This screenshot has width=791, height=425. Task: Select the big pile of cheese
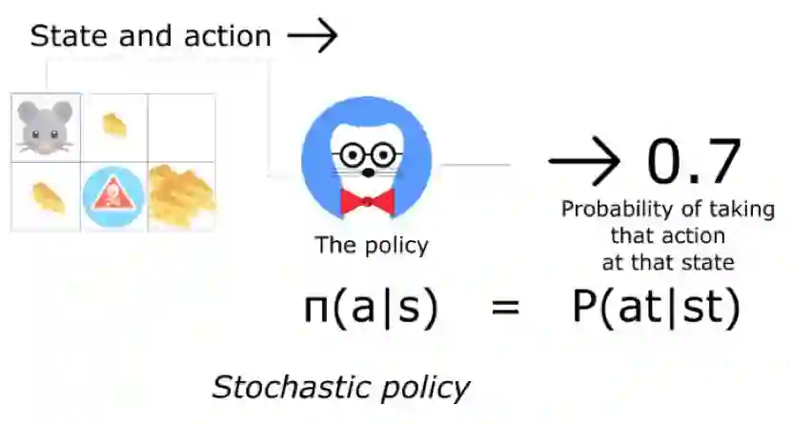[181, 195]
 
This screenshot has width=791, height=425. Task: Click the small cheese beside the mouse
[114, 125]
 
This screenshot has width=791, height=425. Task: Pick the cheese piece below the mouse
[45, 195]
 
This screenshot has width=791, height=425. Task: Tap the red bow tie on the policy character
[366, 202]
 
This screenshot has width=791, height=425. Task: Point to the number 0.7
[693, 161]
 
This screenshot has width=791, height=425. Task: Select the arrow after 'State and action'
[313, 36]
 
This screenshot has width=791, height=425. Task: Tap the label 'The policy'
[372, 245]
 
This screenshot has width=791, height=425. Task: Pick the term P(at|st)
[655, 309]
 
